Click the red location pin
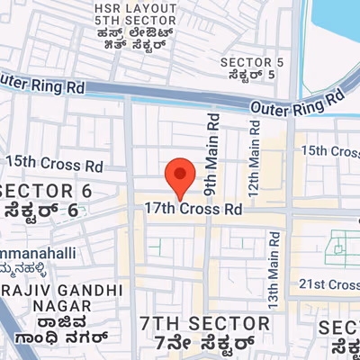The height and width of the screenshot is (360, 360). (180, 177)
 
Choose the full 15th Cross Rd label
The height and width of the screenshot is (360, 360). (55, 164)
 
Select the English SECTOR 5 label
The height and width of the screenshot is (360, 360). (252, 62)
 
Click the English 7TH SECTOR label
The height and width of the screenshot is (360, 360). (204, 322)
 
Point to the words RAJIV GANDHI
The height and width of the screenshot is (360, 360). (62, 290)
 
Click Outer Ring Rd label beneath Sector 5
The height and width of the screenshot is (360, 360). (297, 102)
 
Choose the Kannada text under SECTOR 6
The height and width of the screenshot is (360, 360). (40, 211)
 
